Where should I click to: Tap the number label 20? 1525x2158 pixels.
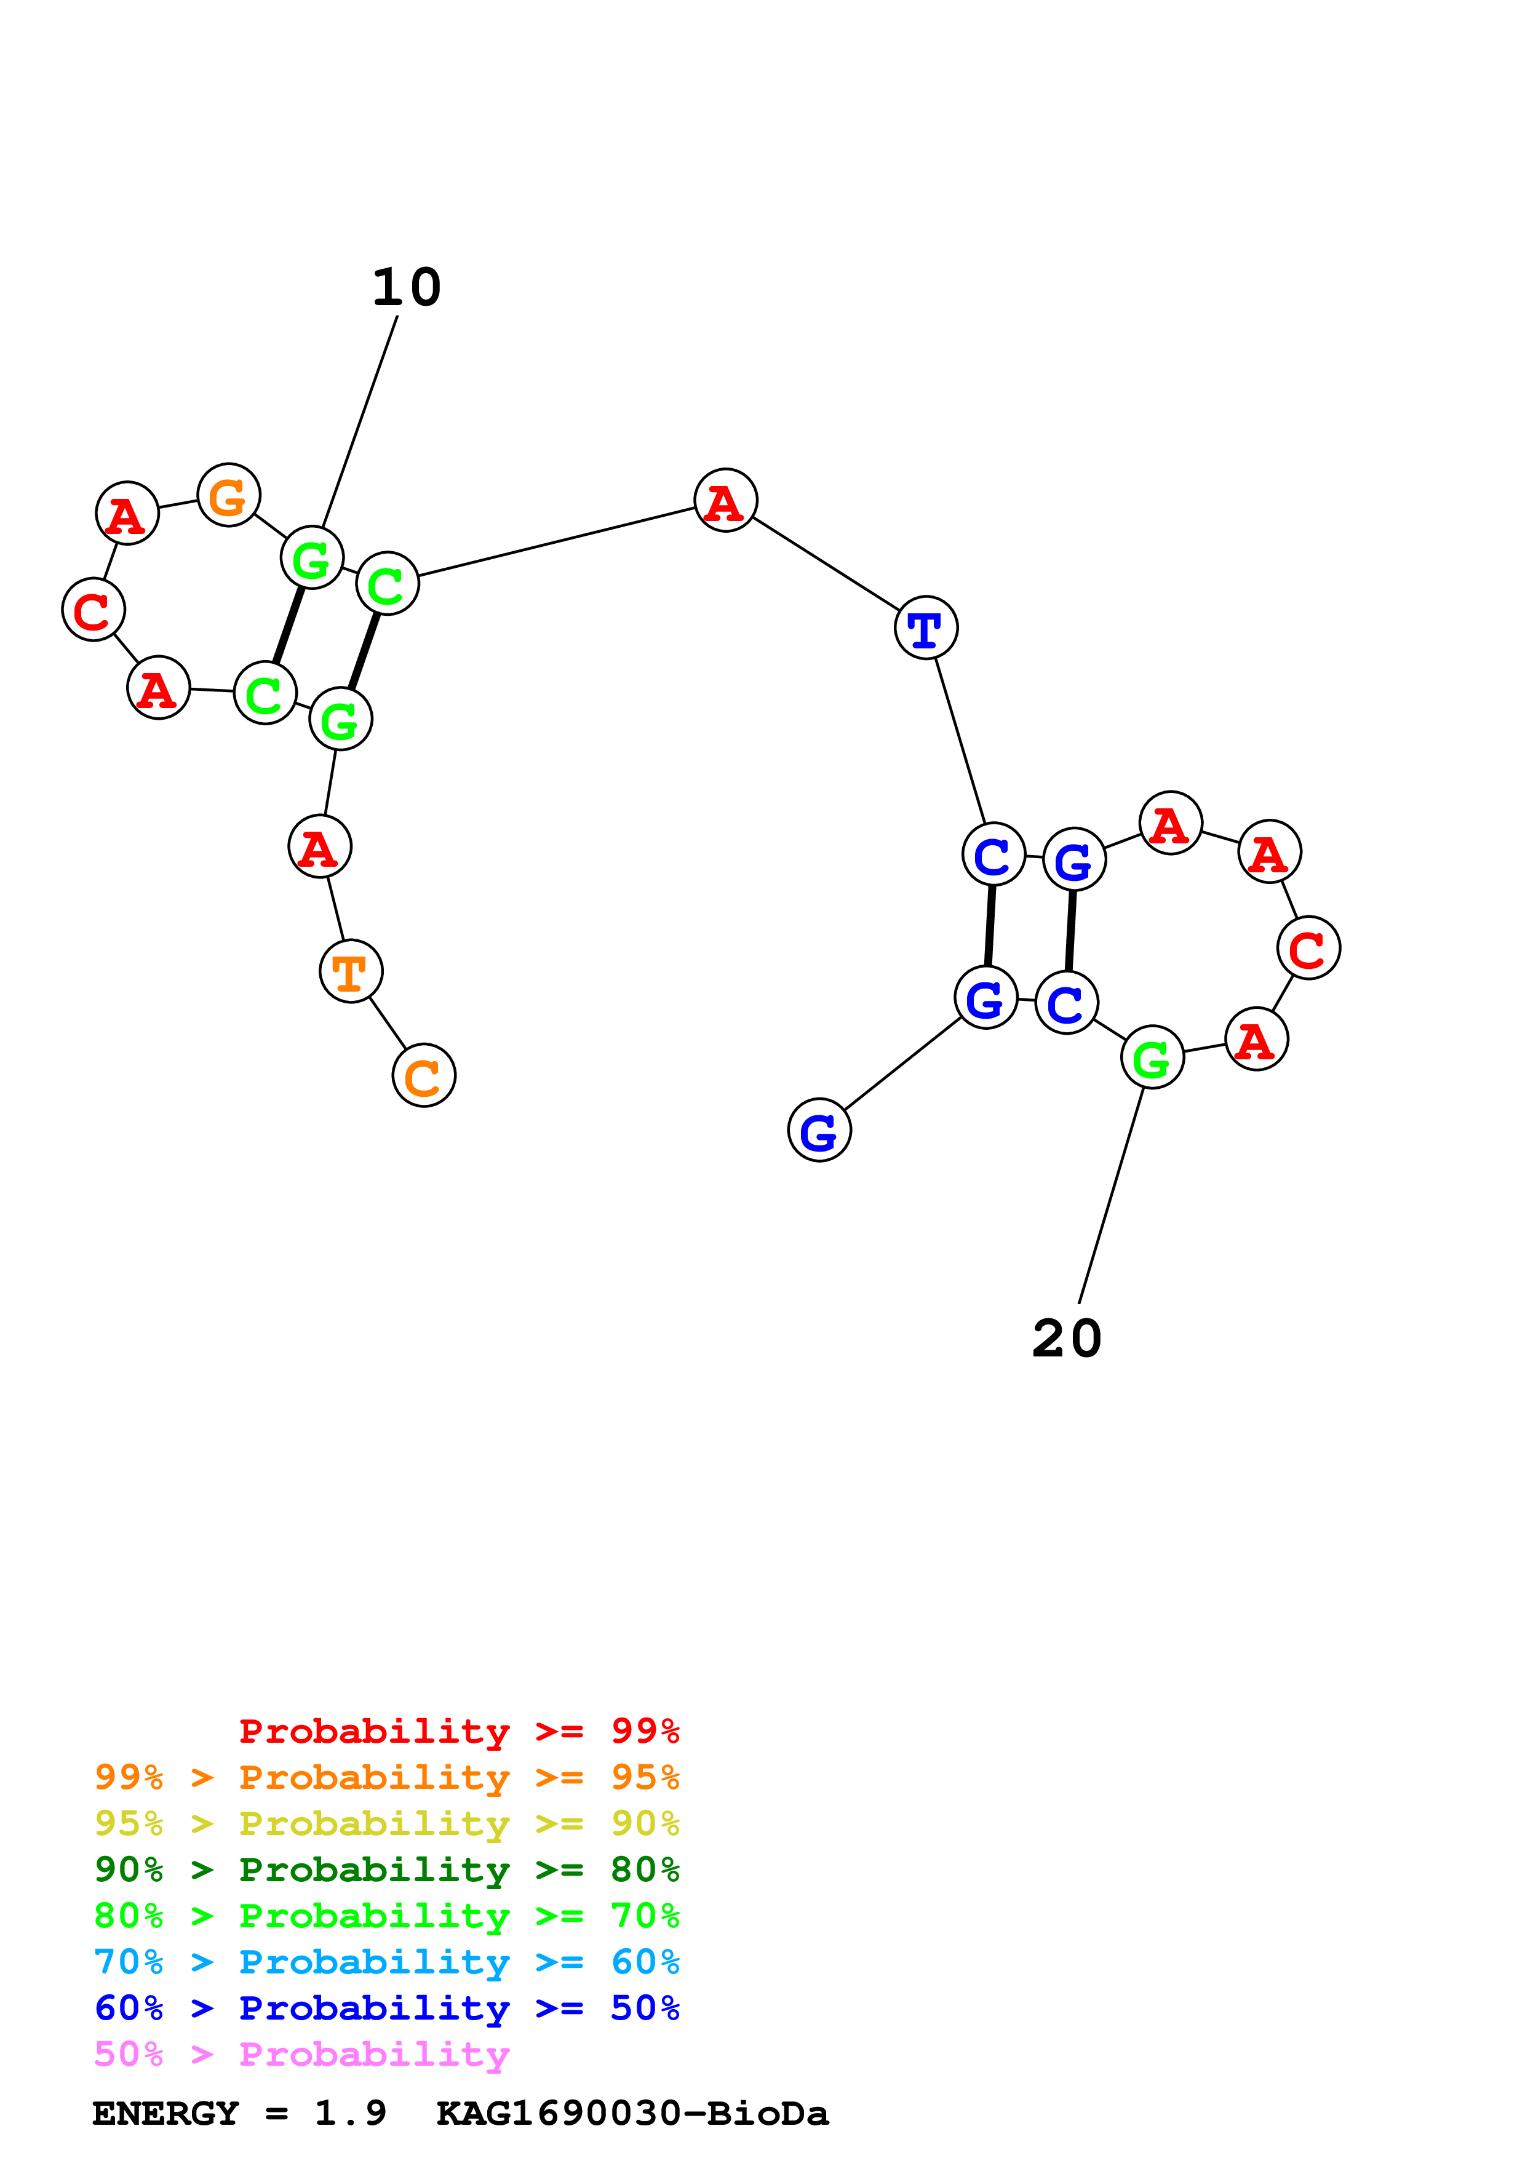click(1067, 1339)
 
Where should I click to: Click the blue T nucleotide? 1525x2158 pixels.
click(926, 628)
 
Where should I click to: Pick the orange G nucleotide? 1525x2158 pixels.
click(228, 495)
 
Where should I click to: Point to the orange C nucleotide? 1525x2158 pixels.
click(424, 1075)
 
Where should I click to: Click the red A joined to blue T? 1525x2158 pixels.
click(725, 500)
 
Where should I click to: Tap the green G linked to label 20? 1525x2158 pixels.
click(1152, 1057)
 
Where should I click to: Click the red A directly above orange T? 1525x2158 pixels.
click(319, 847)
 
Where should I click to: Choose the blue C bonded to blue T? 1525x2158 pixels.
click(993, 854)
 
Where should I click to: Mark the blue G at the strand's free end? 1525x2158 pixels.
click(819, 1130)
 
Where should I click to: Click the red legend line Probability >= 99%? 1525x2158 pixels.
click(458, 1731)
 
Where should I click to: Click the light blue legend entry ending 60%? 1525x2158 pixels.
click(387, 1962)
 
